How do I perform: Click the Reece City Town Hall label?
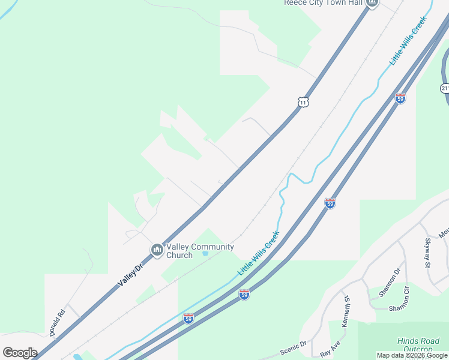[x=323, y=2]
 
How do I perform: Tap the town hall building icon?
[x=372, y=2]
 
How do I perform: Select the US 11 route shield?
[x=304, y=102]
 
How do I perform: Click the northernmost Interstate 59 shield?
[x=400, y=98]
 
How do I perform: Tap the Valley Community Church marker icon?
[x=157, y=250]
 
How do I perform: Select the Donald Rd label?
[x=57, y=322]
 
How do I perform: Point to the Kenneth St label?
[x=346, y=311]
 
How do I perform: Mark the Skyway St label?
[x=429, y=251]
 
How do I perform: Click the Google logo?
[x=20, y=353]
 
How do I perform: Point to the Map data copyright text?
[x=412, y=355]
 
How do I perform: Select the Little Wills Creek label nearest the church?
[x=258, y=253]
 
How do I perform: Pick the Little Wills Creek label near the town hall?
[x=408, y=41]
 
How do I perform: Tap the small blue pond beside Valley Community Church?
[x=205, y=254]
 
